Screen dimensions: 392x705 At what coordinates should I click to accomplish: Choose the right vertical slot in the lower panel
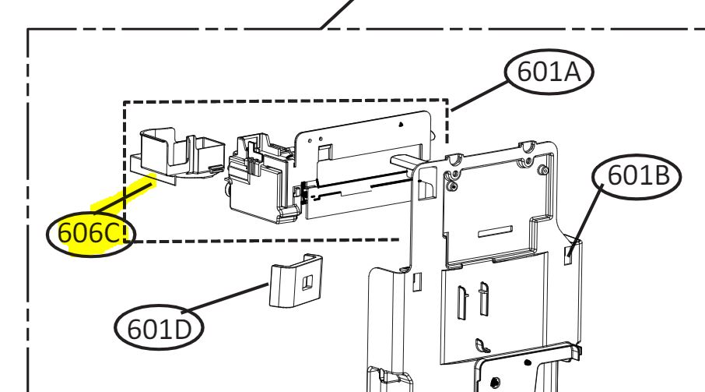pos(483,298)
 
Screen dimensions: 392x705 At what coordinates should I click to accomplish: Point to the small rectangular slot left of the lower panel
pos(417,281)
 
